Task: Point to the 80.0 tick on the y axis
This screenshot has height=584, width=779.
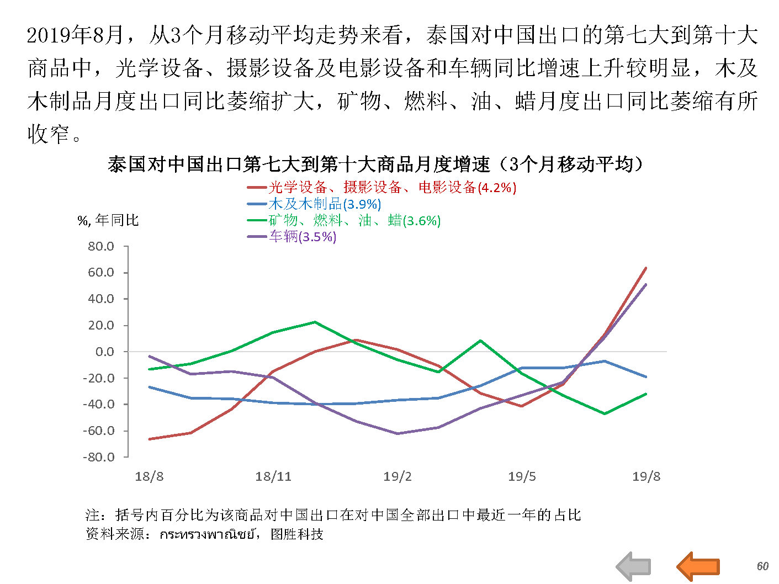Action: pos(100,246)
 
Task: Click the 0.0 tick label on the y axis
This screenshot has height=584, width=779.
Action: pos(104,352)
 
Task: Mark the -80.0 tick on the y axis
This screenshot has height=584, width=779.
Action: pos(99,457)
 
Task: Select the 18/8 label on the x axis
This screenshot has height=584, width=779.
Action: pos(149,476)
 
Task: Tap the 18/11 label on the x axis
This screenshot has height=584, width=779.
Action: pos(273,476)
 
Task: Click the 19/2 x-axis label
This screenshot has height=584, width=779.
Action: pos(398,476)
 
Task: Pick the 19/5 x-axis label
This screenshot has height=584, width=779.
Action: pos(522,476)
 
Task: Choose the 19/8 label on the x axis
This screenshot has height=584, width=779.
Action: pos(646,476)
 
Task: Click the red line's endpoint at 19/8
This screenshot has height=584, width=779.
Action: pos(646,268)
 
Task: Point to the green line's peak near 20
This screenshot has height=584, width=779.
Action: pos(315,322)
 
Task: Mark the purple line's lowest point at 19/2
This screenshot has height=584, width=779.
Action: pos(398,433)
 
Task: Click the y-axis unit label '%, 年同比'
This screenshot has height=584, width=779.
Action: pos(108,221)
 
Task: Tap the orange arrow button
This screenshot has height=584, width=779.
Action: pos(698,566)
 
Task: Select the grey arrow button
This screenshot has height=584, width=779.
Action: pos(633,566)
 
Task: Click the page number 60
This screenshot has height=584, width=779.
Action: pos(762,566)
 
